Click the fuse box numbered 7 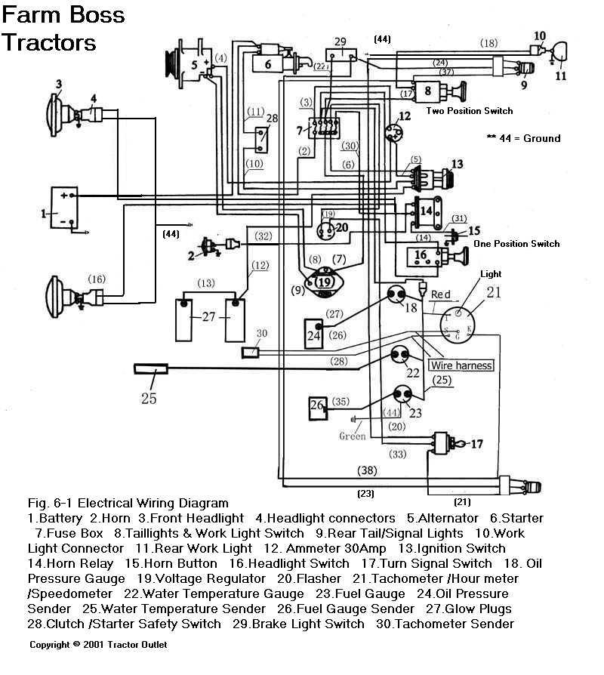pos(325,128)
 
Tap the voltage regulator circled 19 pos(325,282)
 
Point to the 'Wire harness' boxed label pos(461,365)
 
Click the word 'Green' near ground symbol pos(352,436)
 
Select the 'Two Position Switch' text pos(469,111)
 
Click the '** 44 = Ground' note pos(524,138)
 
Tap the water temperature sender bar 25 pos(150,369)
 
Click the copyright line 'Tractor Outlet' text pos(140,645)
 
